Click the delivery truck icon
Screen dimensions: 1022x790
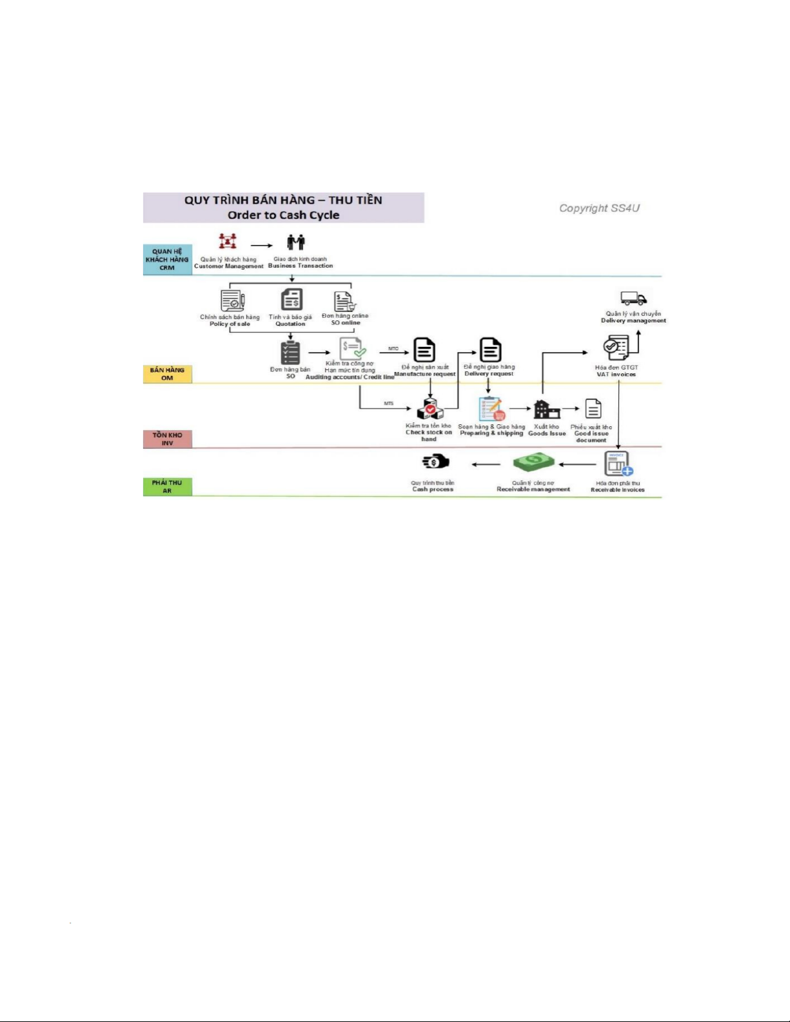(x=633, y=298)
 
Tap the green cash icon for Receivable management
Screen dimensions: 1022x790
(x=533, y=462)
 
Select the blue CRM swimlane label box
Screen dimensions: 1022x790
(x=167, y=260)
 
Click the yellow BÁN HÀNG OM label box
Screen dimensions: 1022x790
(x=167, y=374)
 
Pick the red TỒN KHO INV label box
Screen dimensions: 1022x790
(x=167, y=439)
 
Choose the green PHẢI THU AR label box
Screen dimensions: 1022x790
(x=167, y=486)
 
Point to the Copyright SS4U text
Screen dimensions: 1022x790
(x=599, y=208)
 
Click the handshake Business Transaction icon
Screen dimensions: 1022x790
(x=296, y=242)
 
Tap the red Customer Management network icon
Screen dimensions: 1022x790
(x=227, y=241)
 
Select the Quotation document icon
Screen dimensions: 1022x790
(x=291, y=300)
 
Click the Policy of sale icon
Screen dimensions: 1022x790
(x=232, y=300)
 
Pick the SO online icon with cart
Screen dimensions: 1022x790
(x=344, y=301)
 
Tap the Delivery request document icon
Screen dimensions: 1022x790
(x=490, y=350)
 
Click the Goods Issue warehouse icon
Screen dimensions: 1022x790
(x=546, y=409)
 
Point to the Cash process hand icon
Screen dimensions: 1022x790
(x=435, y=462)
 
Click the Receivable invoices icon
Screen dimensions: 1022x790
(x=618, y=464)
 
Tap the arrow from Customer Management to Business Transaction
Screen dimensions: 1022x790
(x=261, y=246)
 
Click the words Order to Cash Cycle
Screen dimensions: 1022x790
(x=283, y=215)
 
